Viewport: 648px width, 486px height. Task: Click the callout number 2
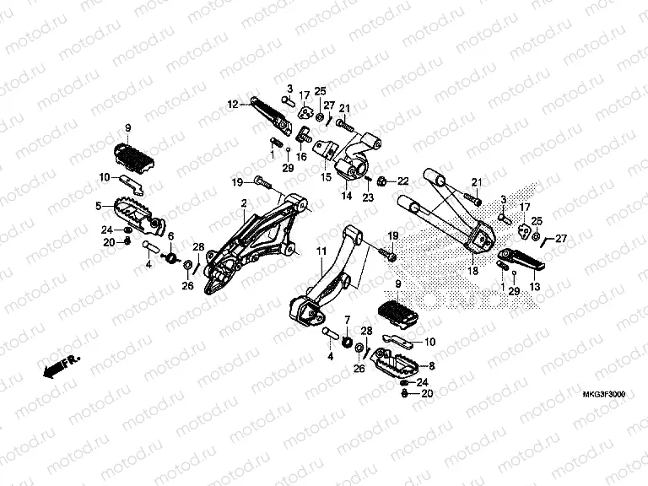click(244, 203)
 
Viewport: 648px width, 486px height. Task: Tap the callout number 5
click(98, 205)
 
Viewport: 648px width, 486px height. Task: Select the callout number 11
click(321, 251)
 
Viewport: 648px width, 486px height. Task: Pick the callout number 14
click(345, 195)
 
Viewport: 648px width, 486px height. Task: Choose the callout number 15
click(326, 177)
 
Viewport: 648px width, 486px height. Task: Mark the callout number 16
click(300, 156)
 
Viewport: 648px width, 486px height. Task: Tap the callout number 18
click(472, 271)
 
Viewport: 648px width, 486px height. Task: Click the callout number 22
click(402, 181)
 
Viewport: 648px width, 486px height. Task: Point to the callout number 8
click(433, 365)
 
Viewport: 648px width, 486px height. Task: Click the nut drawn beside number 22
click(382, 180)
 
